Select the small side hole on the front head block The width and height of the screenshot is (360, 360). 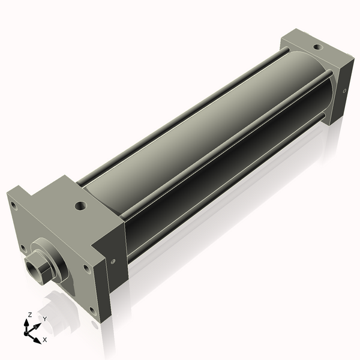point(113,260)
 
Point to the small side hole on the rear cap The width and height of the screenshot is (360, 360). point(344,91)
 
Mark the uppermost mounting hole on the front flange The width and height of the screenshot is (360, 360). point(13,205)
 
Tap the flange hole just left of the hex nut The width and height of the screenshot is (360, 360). point(22,247)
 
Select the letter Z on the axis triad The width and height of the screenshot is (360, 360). point(30,314)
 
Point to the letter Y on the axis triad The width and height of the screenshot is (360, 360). point(44,318)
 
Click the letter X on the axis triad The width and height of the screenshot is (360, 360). point(44,340)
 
